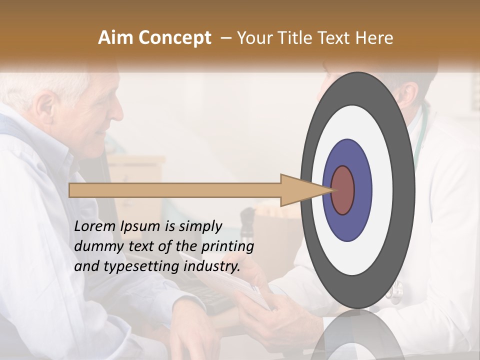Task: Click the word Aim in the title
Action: [115, 38]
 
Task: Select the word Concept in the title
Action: [174, 38]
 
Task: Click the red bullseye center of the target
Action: [342, 190]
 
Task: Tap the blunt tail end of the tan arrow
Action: [70, 190]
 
